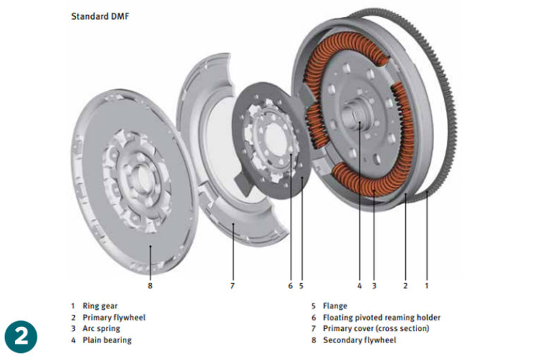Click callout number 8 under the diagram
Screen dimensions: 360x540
tap(150, 286)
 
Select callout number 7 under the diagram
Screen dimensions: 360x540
tap(232, 286)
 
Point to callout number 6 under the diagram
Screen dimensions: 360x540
tap(289, 286)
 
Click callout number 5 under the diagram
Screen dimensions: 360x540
tap(301, 286)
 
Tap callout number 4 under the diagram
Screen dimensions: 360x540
tap(359, 286)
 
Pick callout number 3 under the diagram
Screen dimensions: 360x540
tap(374, 286)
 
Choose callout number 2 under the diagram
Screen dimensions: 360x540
tap(405, 286)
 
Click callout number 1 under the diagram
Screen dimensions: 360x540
tap(426, 286)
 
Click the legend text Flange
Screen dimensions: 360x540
tap(335, 306)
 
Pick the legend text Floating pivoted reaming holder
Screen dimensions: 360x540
tap(381, 318)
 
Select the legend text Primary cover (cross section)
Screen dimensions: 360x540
tap(376, 329)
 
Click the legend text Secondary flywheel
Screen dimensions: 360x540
tap(359, 340)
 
